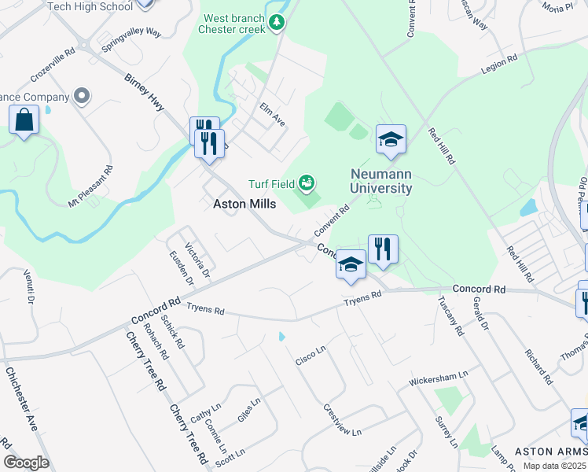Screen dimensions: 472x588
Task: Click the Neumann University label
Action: (x=381, y=181)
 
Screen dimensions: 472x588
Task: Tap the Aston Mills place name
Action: (x=244, y=203)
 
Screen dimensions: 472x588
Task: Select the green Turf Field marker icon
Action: (x=307, y=184)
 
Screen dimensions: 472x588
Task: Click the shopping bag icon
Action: (x=24, y=121)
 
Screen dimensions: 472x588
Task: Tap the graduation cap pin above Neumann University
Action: (x=391, y=139)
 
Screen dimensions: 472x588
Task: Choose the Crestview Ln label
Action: (x=342, y=421)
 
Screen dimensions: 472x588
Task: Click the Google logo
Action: (x=26, y=462)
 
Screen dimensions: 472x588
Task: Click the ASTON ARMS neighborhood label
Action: (x=550, y=452)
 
